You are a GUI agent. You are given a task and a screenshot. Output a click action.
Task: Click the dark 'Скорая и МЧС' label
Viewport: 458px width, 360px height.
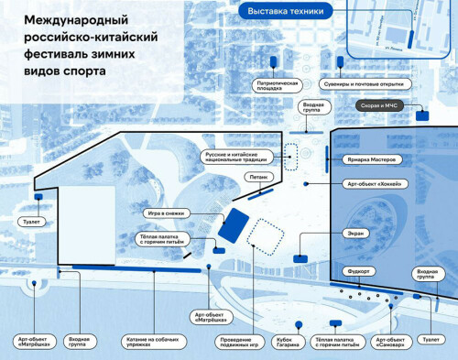(379, 106)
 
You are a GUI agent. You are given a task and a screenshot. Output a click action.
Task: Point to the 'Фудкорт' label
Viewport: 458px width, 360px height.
(357, 271)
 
